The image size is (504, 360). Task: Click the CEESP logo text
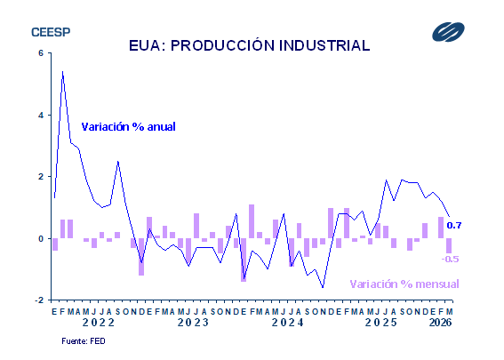tap(51, 32)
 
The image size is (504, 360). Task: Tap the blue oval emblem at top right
tap(448, 32)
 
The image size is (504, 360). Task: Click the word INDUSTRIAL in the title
tap(324, 45)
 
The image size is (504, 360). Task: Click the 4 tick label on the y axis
tap(41, 115)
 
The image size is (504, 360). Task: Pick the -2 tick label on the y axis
tap(39, 300)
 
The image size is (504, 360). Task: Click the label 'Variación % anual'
tap(128, 126)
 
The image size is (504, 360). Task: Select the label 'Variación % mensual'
tap(404, 284)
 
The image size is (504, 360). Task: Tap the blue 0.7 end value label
tap(454, 225)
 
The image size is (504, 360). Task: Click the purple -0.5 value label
tap(450, 259)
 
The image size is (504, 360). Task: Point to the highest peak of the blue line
tap(62, 71)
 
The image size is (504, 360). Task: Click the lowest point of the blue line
tap(323, 288)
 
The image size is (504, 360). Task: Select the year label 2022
tap(99, 323)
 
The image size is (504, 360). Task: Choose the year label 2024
tap(288, 323)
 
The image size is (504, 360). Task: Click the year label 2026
tap(440, 323)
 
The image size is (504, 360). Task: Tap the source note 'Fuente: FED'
tap(84, 341)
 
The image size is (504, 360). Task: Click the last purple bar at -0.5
tap(449, 246)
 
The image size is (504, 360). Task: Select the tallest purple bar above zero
tap(252, 221)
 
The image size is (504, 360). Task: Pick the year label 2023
tap(194, 323)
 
